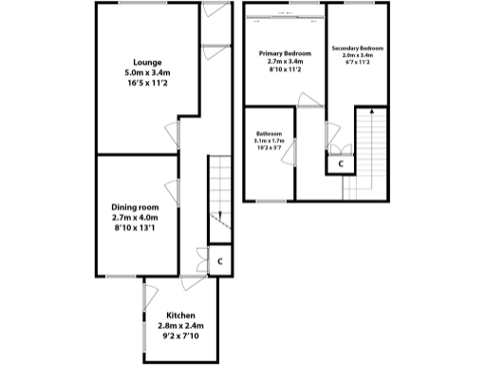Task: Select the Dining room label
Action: tap(135, 207)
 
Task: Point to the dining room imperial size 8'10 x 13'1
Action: tap(136, 228)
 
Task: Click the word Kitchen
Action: tap(180, 316)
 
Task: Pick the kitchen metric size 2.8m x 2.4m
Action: tap(180, 326)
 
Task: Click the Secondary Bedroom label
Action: tap(357, 48)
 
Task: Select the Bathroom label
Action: tap(270, 134)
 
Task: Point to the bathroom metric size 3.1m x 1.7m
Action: tap(270, 142)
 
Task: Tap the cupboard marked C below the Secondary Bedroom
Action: tap(340, 163)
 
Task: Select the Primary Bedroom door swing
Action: tap(306, 100)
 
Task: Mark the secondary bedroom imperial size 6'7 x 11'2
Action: tap(357, 63)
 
